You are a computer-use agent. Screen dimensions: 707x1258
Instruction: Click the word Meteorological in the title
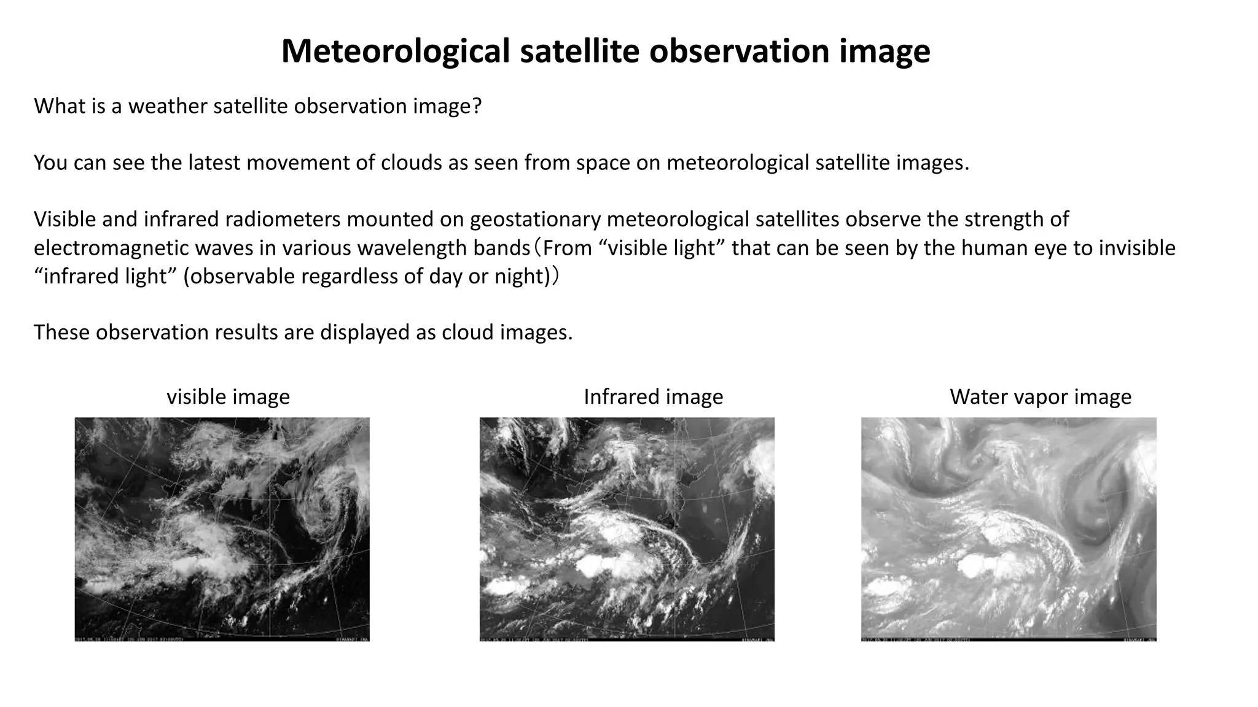click(x=395, y=51)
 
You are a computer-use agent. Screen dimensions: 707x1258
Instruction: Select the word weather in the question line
click(x=168, y=106)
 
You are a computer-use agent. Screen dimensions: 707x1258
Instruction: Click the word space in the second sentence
click(x=601, y=163)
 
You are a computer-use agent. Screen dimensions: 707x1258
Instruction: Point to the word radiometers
click(x=286, y=219)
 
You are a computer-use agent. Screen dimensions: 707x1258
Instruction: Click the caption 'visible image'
click(x=228, y=397)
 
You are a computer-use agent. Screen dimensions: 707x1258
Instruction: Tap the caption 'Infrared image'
click(x=653, y=397)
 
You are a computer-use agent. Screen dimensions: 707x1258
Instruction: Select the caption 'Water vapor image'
click(x=1041, y=397)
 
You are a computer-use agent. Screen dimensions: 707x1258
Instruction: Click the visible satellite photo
click(x=222, y=529)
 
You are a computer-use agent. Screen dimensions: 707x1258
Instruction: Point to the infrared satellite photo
click(x=627, y=529)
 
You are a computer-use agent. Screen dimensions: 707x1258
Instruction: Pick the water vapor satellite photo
click(x=1009, y=529)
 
